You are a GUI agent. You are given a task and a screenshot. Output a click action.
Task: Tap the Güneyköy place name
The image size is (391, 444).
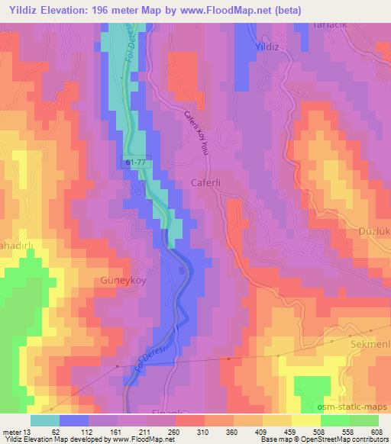[120, 281]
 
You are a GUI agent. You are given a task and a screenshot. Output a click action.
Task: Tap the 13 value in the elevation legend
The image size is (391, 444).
[28, 432]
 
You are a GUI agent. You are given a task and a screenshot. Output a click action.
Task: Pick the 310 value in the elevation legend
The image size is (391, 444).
[201, 432]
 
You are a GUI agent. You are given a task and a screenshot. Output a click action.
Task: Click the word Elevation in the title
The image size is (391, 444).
[74, 9]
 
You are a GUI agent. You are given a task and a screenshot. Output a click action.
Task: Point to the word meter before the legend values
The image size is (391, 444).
[11, 432]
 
